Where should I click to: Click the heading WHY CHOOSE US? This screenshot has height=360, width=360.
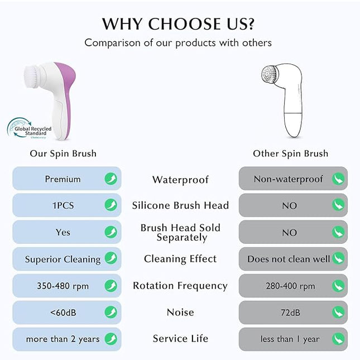coord(180,23)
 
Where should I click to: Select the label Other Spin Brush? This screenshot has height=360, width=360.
coord(290,153)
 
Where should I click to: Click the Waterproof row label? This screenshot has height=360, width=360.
coord(180,180)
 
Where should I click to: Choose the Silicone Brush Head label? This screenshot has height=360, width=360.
coord(180,205)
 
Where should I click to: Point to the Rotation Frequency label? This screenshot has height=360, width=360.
coord(180,286)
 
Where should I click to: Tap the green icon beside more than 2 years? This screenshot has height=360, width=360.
coord(111,339)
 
